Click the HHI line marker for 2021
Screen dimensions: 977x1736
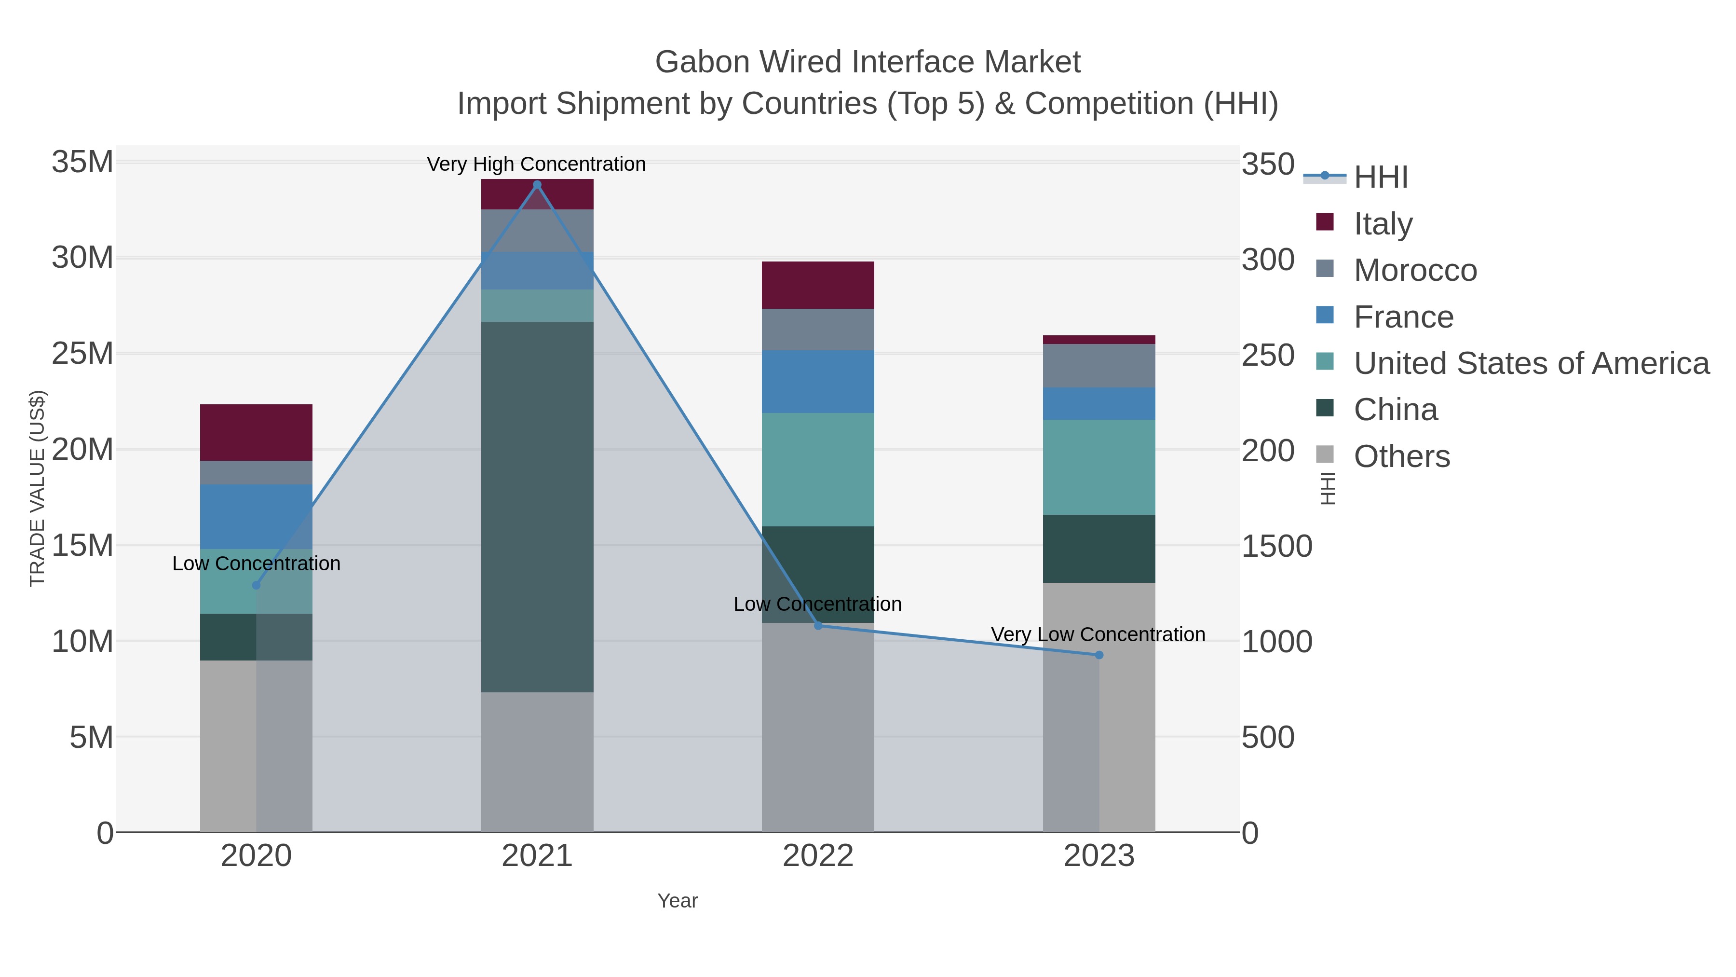(537, 185)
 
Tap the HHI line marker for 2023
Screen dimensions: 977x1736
(1099, 655)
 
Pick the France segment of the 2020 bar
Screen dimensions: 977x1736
(256, 516)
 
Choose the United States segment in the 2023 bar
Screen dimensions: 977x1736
(1099, 467)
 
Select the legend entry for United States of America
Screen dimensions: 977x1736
(1531, 363)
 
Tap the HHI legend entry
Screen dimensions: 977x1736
(1380, 178)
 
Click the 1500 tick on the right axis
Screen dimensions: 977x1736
(1276, 546)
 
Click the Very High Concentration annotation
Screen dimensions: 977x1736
(536, 164)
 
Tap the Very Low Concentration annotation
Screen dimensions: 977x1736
(1098, 634)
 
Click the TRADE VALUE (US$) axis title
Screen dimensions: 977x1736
(38, 488)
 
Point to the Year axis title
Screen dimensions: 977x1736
(678, 901)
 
